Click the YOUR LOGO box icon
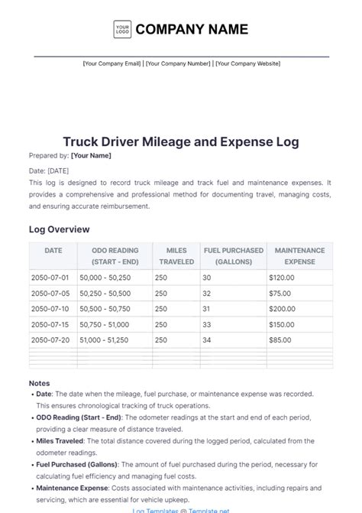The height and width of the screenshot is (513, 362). [122, 30]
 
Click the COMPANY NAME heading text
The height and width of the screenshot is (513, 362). [192, 30]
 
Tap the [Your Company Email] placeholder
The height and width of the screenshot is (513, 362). [112, 63]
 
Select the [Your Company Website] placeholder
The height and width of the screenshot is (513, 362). [247, 63]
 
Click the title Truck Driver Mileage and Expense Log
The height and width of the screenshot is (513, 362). [181, 142]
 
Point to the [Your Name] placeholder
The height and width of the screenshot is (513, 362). [91, 156]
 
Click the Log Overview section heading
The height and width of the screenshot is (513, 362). [59, 229]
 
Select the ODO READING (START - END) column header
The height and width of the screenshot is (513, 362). [115, 255]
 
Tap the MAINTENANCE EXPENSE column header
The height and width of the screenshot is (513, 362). [299, 255]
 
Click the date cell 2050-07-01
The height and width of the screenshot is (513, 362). [50, 278]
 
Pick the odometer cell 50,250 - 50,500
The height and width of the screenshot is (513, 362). [105, 293]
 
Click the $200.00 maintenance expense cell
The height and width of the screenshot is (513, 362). [283, 309]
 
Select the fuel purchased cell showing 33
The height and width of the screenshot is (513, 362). [207, 324]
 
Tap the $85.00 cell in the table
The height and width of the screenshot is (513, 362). [280, 339]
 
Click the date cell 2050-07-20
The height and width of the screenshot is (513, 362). [50, 339]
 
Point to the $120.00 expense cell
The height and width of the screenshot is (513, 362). [283, 278]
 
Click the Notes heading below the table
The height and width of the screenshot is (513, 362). [39, 383]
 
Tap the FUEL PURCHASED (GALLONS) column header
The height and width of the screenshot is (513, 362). [233, 255]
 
